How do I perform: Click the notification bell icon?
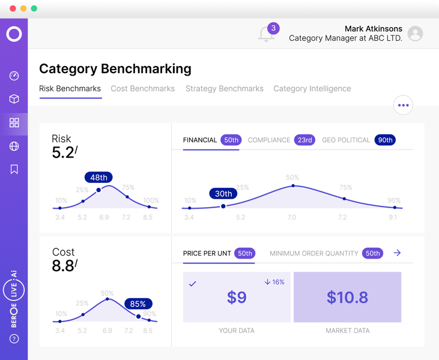tap(267, 34)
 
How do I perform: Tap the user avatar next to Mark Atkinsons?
tap(415, 34)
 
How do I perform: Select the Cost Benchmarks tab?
tap(142, 88)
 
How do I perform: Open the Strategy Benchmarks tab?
tap(224, 88)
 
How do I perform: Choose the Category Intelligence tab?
tap(312, 88)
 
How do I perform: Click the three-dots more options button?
tap(403, 105)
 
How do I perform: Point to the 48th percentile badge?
tap(99, 177)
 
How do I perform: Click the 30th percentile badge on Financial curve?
tap(223, 193)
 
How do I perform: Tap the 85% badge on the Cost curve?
tap(139, 304)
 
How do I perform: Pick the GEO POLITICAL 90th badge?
tap(384, 140)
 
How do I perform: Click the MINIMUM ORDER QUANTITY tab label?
tap(313, 253)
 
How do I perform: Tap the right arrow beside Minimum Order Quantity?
tap(397, 253)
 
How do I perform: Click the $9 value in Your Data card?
tap(237, 297)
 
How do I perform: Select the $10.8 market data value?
tap(347, 297)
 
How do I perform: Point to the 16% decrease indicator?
tap(274, 282)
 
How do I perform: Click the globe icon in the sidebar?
tap(14, 146)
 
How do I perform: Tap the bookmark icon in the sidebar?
tap(14, 169)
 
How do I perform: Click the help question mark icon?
tap(14, 339)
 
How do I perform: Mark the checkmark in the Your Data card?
tap(193, 284)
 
